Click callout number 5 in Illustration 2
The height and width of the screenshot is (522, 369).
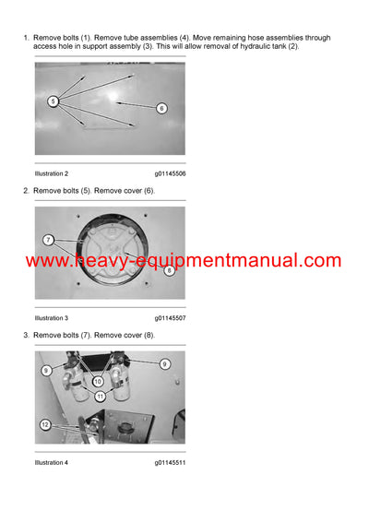(53, 101)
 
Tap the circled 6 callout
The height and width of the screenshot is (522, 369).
(161, 108)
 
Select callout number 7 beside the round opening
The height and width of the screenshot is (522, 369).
(47, 240)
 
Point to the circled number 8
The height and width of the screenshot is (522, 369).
(169, 270)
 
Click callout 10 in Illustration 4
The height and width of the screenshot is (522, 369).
(98, 381)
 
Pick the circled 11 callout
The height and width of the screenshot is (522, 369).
(101, 396)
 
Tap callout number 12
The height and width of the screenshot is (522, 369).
(44, 424)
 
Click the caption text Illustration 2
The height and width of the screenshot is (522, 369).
(51, 173)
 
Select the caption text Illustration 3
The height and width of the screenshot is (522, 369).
(51, 317)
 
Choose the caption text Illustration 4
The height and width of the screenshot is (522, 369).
(51, 462)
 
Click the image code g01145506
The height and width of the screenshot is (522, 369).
(170, 173)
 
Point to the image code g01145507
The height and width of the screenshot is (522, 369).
(170, 317)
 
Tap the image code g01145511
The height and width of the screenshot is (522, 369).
(170, 462)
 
